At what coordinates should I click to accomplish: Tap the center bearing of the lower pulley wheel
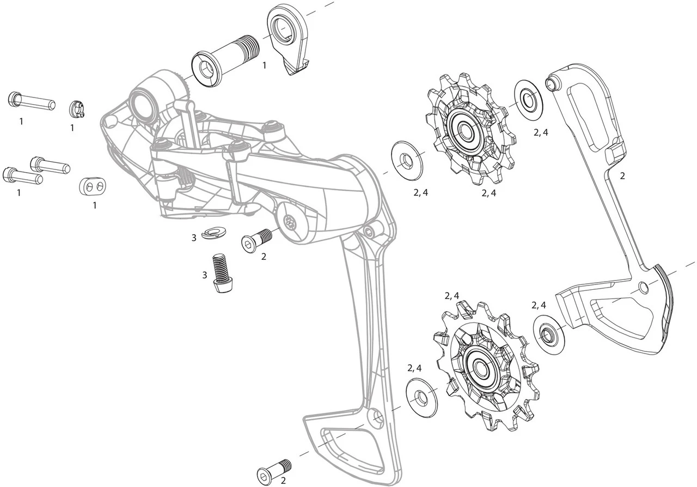coord(481,367)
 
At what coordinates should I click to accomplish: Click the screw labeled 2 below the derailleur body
coord(256,240)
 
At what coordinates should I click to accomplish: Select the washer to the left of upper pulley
coord(406,160)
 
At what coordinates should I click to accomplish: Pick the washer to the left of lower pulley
coord(422,397)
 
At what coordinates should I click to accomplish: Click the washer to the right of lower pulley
coord(548,332)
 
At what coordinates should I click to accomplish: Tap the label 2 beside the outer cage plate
coord(622,176)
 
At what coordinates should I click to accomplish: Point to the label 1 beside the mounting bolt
coord(264,65)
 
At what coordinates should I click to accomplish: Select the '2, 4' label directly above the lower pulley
coord(452,296)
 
